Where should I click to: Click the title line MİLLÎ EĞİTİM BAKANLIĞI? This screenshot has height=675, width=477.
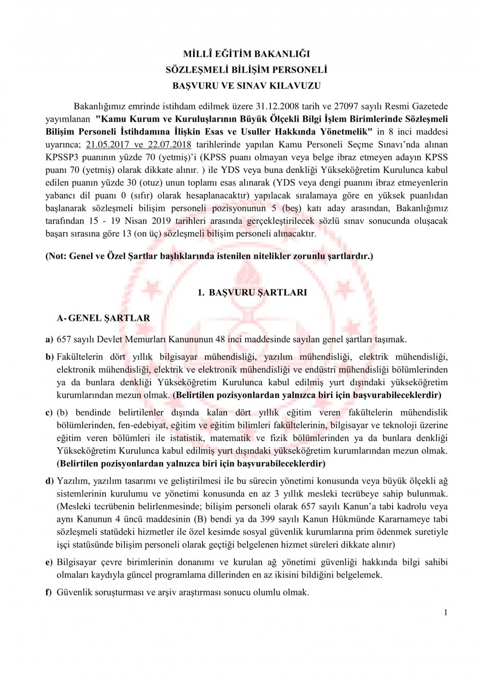point(246,54)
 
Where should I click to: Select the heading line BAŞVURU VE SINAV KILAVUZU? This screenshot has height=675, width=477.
point(246,86)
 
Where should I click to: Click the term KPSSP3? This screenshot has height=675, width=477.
point(61,157)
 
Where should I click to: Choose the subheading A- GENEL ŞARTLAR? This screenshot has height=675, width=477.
point(104,318)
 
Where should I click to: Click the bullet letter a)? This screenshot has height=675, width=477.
point(49,340)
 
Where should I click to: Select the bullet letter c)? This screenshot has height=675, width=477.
point(49,413)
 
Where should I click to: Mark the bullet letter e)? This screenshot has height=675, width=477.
point(49,562)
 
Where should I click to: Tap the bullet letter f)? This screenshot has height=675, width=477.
point(49,592)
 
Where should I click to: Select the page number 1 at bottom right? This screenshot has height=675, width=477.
point(446,612)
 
